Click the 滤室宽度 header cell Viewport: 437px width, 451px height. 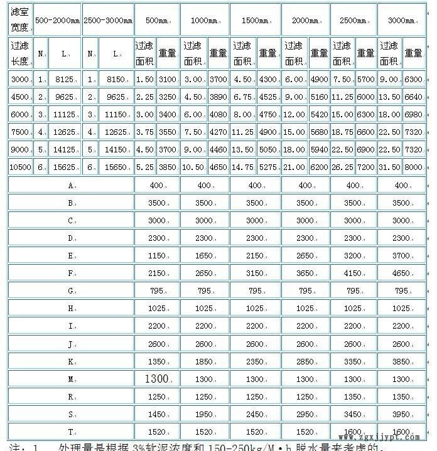[19, 21]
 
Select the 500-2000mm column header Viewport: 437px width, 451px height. [57, 21]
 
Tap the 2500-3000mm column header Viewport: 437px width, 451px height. [107, 21]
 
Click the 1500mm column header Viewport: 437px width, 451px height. [255, 21]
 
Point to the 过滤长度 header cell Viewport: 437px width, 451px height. [19, 54]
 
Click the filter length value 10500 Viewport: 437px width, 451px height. [19, 167]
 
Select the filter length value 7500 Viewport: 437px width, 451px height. [19, 132]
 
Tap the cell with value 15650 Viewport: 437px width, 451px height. [115, 167]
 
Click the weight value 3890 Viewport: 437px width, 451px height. [218, 97]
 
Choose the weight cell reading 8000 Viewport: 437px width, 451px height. [413, 167]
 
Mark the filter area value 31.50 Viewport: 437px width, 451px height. [389, 167]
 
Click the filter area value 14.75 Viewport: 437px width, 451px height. [242, 167]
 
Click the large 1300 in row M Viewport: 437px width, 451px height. [156, 379]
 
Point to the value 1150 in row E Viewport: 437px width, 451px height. [157, 256]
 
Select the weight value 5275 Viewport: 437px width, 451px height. [268, 167]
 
